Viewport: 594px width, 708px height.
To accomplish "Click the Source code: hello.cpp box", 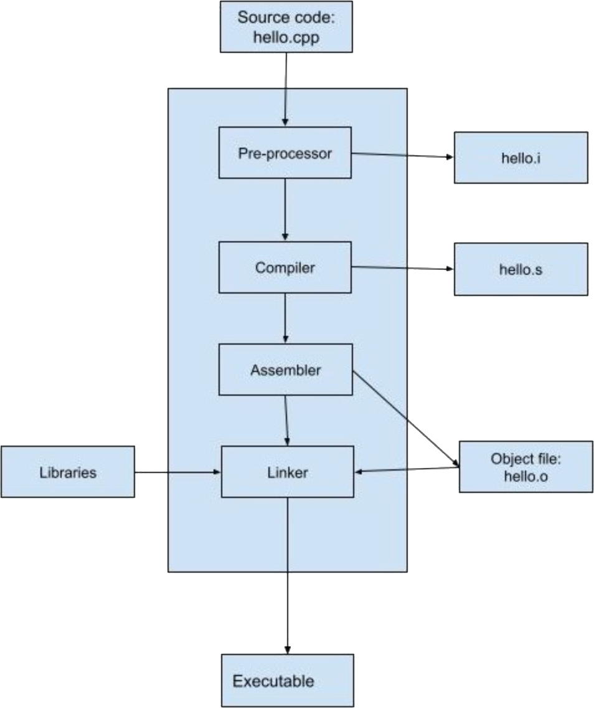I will pyautogui.click(x=286, y=27).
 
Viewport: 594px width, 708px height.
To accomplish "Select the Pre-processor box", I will pyautogui.click(x=285, y=153).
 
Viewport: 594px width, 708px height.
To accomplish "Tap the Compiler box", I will pyautogui.click(x=285, y=268).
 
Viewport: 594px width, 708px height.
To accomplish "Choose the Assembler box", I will pyautogui.click(x=285, y=370).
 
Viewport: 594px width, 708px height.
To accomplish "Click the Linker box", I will pyautogui.click(x=288, y=472).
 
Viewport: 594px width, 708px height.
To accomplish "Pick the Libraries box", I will pyautogui.click(x=67, y=472).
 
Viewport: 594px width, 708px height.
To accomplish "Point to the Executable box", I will pyautogui.click(x=287, y=680).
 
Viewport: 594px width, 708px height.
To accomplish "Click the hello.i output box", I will pyautogui.click(x=521, y=157).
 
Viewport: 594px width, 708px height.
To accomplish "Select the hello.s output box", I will pyautogui.click(x=521, y=269).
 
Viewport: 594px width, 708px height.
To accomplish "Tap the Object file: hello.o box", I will pyautogui.click(x=526, y=466).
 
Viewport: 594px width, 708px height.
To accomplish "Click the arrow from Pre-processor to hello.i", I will pyautogui.click(x=402, y=155).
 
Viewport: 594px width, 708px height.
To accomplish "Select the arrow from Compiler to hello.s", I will pyautogui.click(x=402, y=269).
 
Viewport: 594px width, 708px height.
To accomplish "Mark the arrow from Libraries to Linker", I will pyautogui.click(x=178, y=472).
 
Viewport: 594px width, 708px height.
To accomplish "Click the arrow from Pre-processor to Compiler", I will pyautogui.click(x=285, y=209).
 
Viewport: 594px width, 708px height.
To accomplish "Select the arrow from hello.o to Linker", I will pyautogui.click(x=406, y=469).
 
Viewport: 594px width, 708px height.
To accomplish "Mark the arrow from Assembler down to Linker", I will pyautogui.click(x=286, y=420).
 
